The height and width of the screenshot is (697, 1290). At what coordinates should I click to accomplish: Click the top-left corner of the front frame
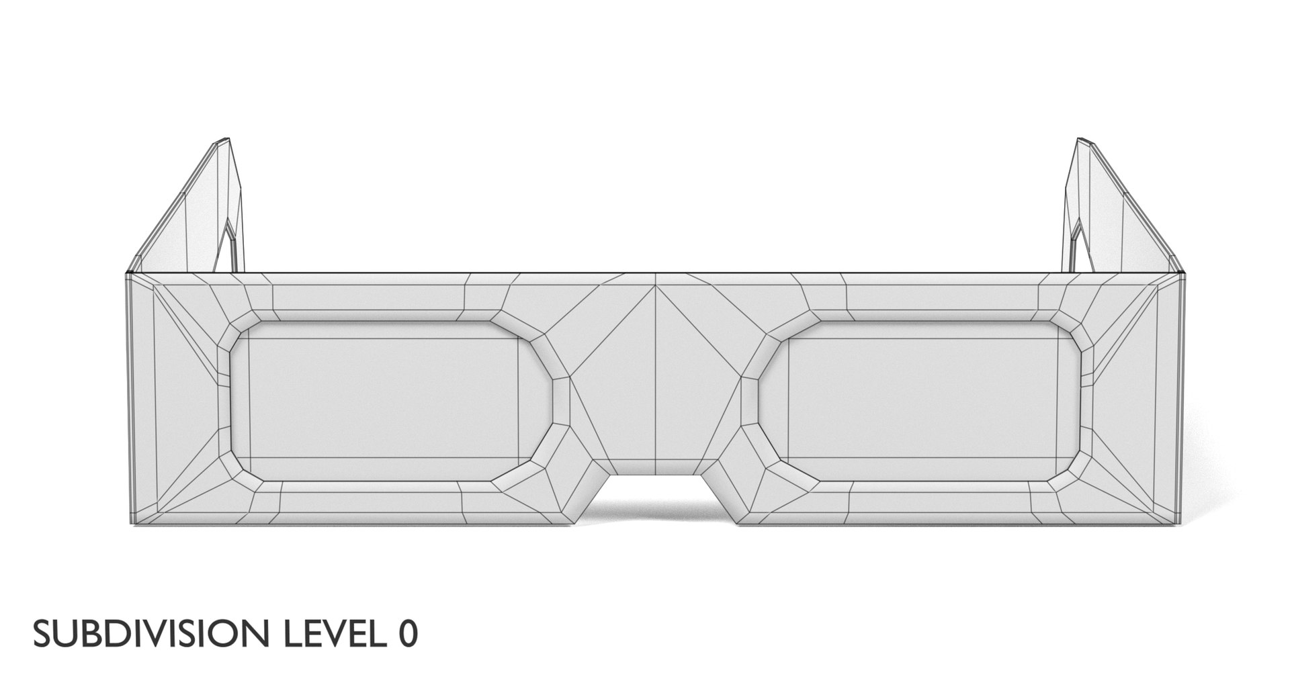tap(127, 273)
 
